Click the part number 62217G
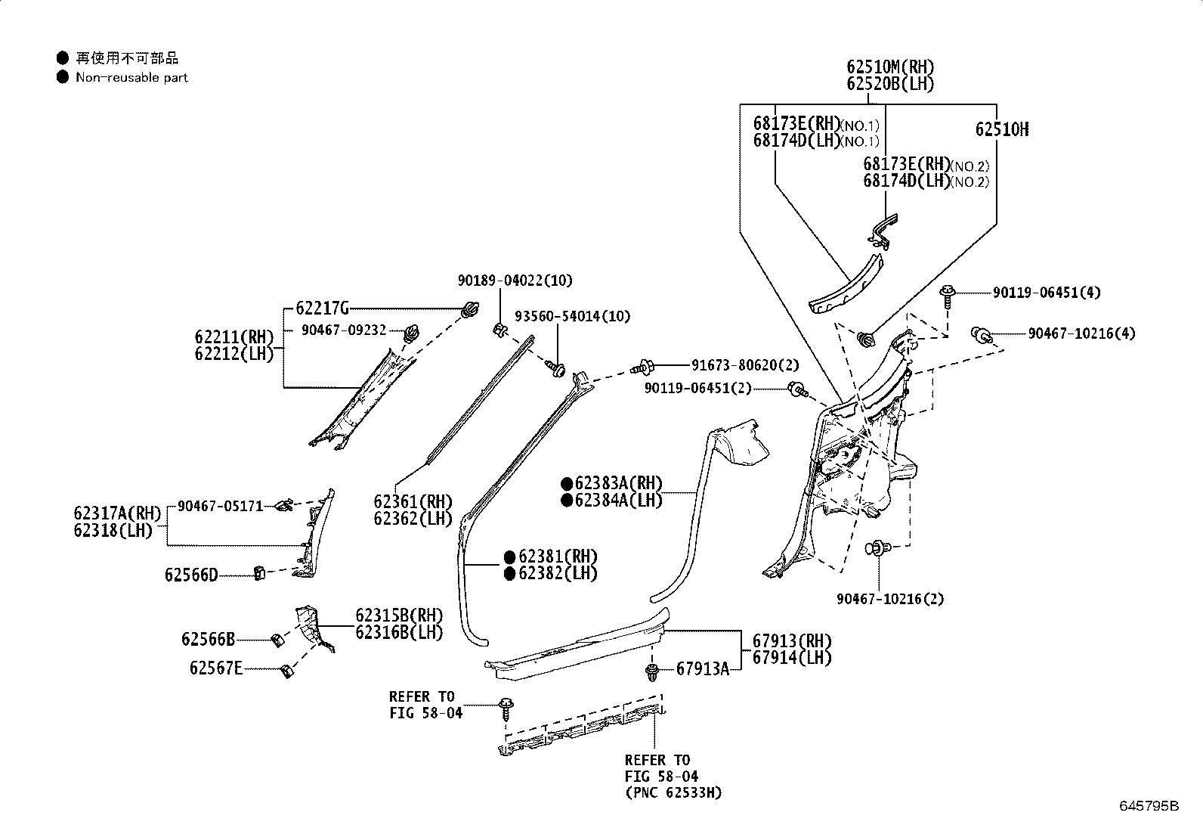tap(322, 308)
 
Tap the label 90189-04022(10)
tap(515, 281)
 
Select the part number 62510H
tap(1001, 129)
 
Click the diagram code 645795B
tap(1149, 806)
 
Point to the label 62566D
tap(191, 575)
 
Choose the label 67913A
tap(702, 668)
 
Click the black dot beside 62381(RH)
tap(510, 557)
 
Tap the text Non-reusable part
tap(131, 77)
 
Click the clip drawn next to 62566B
tap(277, 640)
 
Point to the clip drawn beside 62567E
tap(286, 670)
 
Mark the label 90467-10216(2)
tap(890, 599)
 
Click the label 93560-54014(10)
tap(572, 316)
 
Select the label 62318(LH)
tap(113, 531)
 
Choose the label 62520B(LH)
tap(890, 84)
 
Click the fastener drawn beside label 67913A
tap(652, 671)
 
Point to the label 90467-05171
tap(220, 506)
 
